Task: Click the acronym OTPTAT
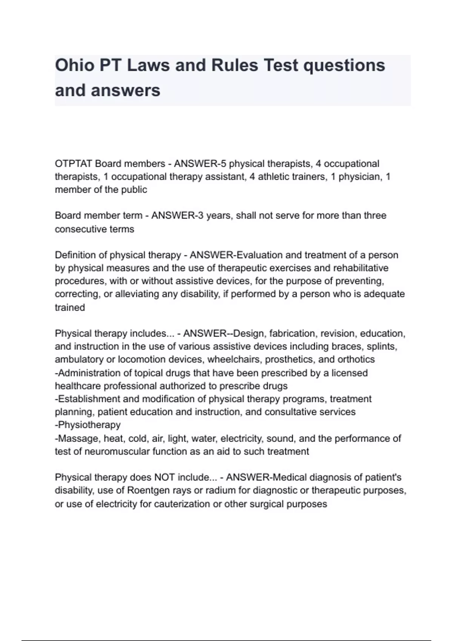[74, 164]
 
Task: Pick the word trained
[70, 308]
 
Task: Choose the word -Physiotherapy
[88, 425]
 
